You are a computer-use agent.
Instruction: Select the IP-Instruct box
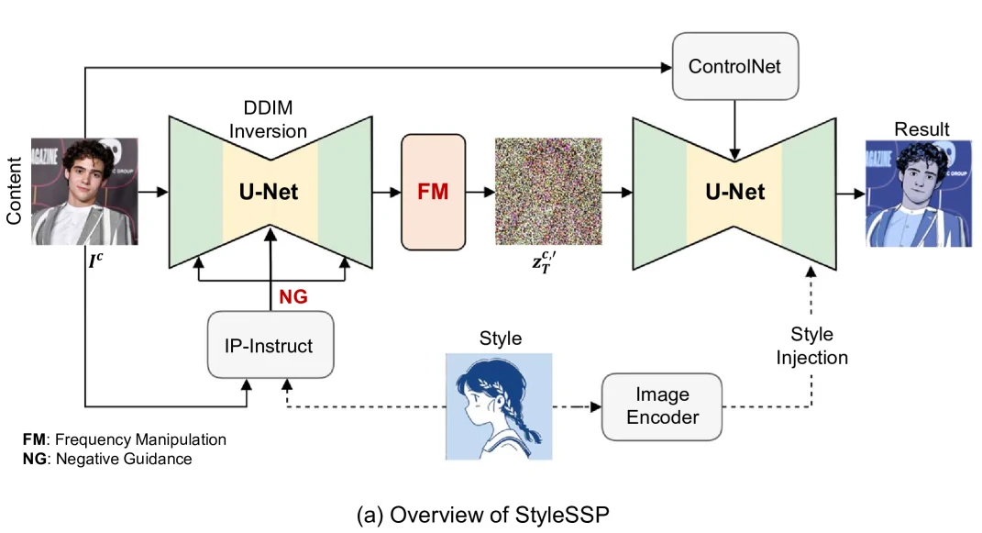coord(270,346)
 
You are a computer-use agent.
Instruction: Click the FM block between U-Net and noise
coord(433,193)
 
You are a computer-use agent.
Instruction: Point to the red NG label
coord(293,295)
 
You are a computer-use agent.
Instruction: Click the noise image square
coord(547,191)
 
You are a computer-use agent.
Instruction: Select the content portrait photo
coord(84,192)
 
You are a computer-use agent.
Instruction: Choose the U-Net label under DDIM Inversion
coord(270,193)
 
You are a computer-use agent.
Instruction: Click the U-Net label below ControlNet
coord(734,193)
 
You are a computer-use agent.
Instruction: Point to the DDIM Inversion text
coord(268,120)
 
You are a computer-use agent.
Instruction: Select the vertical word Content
coord(15,191)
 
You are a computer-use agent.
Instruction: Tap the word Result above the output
coord(921,129)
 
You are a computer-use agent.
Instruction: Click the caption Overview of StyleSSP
coord(481,515)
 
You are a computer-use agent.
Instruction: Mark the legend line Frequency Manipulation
coord(124,439)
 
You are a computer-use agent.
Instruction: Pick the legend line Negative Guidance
coord(107,459)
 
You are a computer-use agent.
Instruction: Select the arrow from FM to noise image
coord(480,193)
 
